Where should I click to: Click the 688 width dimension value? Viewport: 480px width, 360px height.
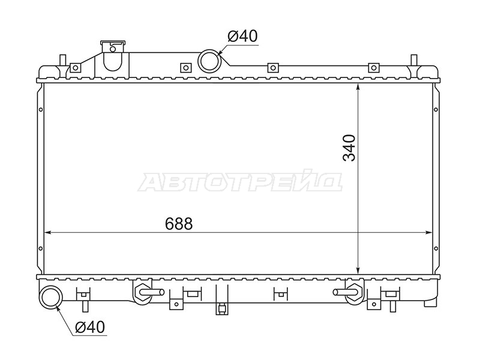click(x=179, y=224)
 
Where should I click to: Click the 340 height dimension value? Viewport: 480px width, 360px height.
click(x=349, y=148)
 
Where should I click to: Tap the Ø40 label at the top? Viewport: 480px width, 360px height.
click(x=243, y=36)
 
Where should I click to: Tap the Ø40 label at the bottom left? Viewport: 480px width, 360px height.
click(x=90, y=327)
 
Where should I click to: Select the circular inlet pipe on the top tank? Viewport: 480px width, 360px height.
click(x=209, y=61)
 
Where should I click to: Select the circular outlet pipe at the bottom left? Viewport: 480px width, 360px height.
click(x=52, y=297)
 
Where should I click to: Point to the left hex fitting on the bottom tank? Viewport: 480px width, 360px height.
click(x=142, y=292)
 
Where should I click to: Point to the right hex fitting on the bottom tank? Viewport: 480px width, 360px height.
click(x=353, y=292)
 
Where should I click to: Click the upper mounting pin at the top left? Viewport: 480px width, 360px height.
click(x=62, y=60)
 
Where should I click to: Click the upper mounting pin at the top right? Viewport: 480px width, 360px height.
click(x=413, y=60)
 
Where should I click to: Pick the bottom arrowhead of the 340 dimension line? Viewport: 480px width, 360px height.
click(x=358, y=270)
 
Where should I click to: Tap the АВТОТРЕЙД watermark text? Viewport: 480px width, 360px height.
click(x=241, y=182)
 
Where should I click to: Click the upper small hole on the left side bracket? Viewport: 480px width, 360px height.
click(x=40, y=110)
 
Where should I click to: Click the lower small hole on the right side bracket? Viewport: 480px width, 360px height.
click(x=436, y=248)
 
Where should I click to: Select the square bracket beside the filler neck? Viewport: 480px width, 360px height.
click(x=75, y=68)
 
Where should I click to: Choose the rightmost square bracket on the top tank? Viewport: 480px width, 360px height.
click(x=374, y=68)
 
